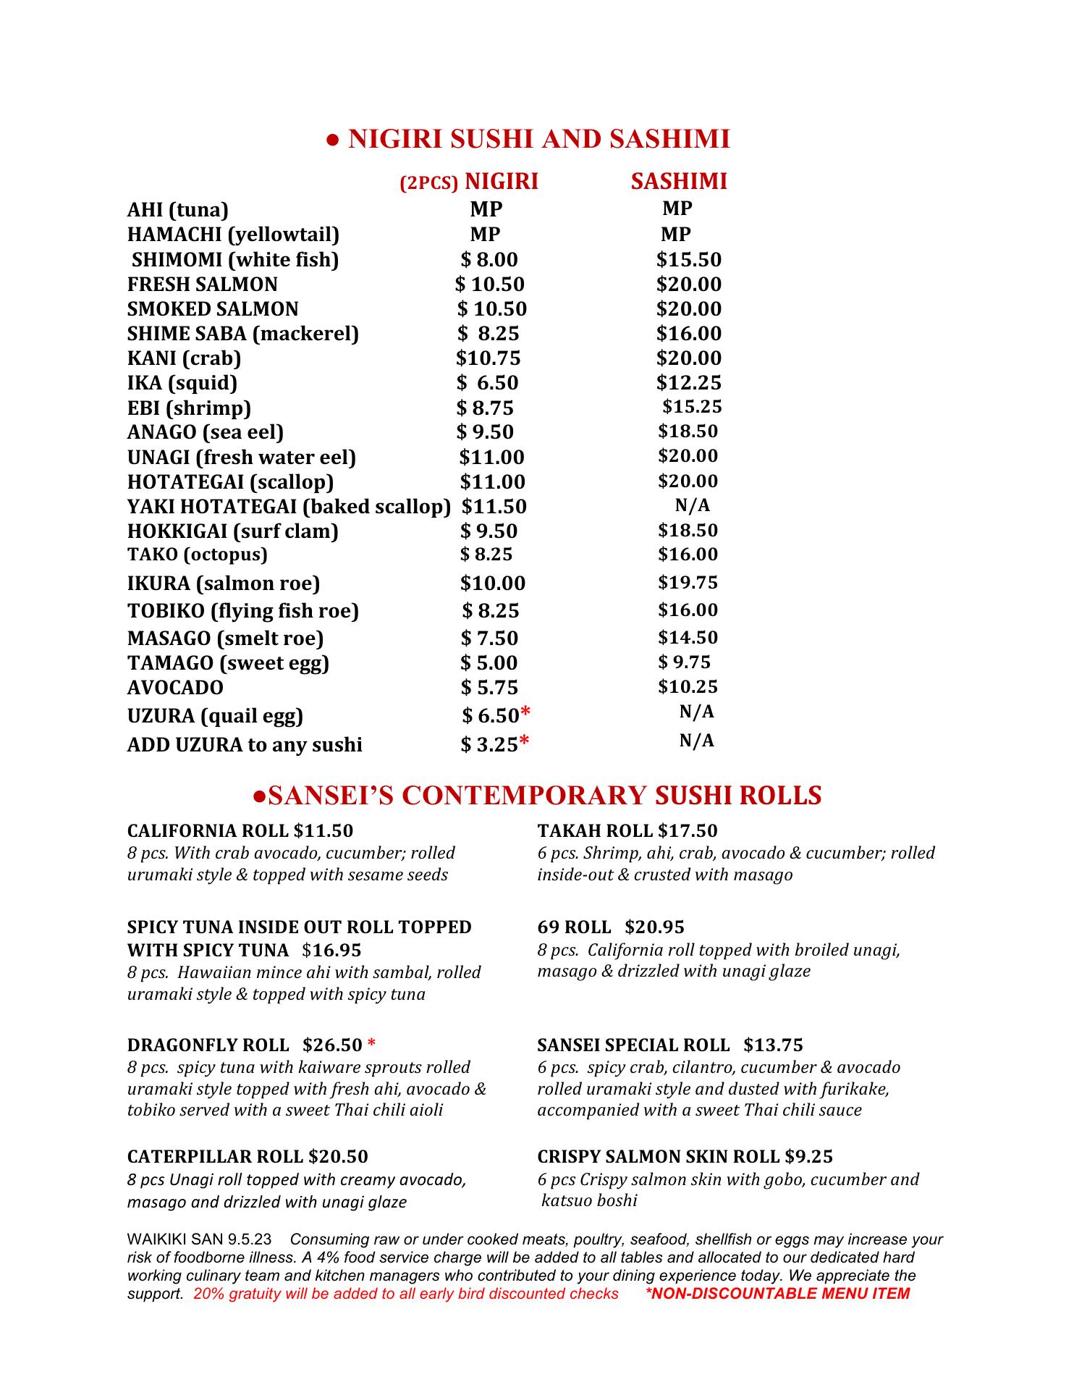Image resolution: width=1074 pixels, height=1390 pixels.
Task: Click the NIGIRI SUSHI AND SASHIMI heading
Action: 528,138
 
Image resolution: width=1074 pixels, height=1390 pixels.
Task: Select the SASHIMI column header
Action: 678,181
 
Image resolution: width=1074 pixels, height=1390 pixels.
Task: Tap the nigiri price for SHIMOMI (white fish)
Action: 490,260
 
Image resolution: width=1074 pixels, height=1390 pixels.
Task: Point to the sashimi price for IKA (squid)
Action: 688,382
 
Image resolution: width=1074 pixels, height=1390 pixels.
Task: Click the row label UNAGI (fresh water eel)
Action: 242,458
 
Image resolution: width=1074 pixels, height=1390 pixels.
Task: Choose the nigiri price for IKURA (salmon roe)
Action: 493,584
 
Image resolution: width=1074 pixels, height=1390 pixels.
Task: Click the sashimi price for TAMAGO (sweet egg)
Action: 684,662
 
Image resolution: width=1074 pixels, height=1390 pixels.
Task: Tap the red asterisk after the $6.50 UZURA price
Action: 525,714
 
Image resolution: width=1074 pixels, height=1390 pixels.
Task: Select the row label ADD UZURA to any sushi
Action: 245,745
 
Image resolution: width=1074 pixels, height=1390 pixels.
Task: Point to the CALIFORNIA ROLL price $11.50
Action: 324,830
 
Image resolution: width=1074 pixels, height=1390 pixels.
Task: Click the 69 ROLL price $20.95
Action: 654,927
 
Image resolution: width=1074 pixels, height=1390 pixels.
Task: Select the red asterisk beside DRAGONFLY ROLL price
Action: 371,1044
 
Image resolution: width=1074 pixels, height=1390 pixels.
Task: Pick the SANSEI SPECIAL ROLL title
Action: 633,1045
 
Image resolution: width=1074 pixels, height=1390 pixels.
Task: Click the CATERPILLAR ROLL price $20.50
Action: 338,1156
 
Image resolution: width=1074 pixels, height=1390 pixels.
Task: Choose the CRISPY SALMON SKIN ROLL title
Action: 659,1156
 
